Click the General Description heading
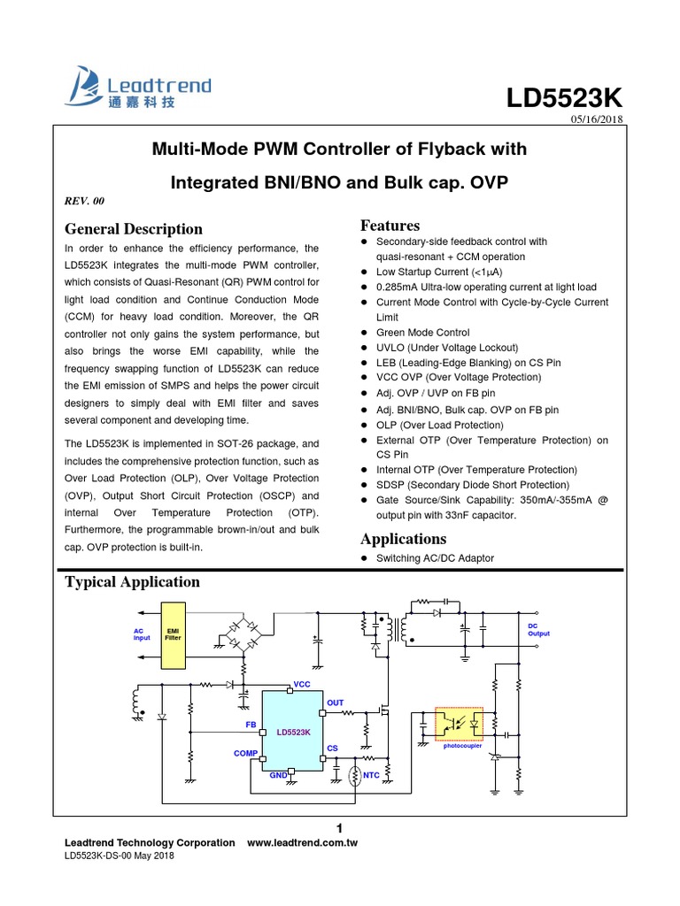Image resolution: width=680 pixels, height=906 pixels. click(x=134, y=229)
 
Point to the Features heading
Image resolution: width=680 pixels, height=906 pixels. click(x=390, y=226)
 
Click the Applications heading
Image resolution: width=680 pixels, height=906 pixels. click(x=404, y=539)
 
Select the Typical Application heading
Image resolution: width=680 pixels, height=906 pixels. click(x=133, y=581)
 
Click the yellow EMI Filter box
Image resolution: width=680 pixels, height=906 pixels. click(x=174, y=636)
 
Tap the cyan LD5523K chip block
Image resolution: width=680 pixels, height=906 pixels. click(x=293, y=731)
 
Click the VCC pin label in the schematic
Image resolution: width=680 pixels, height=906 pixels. click(x=302, y=685)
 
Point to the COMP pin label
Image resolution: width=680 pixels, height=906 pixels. click(x=245, y=753)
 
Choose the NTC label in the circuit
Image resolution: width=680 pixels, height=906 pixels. click(x=371, y=775)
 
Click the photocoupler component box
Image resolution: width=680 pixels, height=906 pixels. click(x=457, y=725)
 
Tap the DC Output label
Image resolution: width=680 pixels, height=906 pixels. click(x=538, y=629)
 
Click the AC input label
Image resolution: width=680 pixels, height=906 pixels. click(x=142, y=633)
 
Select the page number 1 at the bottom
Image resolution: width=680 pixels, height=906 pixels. click(x=340, y=827)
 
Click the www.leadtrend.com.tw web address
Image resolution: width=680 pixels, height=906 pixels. click(x=302, y=843)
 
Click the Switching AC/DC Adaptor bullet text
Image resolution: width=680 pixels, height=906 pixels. click(x=435, y=558)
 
